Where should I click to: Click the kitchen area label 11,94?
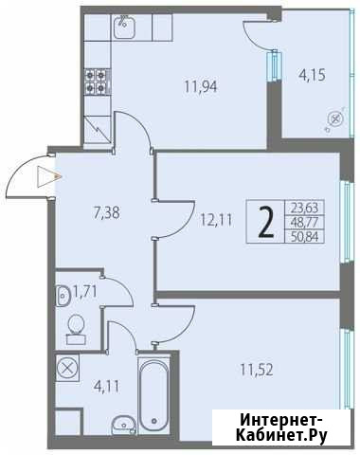tap(201, 86)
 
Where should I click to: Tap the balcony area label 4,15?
tap(312, 76)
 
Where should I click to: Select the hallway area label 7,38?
tap(107, 213)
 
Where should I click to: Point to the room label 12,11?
tap(216, 220)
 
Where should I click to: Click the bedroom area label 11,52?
tap(257, 370)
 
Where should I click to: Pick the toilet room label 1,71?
tap(84, 291)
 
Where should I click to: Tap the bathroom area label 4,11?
tap(107, 387)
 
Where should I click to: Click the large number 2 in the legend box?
tap(266, 222)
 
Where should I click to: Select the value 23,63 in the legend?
tap(304, 208)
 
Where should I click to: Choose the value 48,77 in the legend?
tap(304, 223)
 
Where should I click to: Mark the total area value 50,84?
tap(304, 236)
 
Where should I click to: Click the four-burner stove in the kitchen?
tap(96, 82)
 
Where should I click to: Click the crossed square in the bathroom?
tap(67, 368)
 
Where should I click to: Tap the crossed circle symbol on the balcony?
tap(336, 119)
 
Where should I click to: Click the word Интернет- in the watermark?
tap(281, 421)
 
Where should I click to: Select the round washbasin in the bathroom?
tap(123, 426)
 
